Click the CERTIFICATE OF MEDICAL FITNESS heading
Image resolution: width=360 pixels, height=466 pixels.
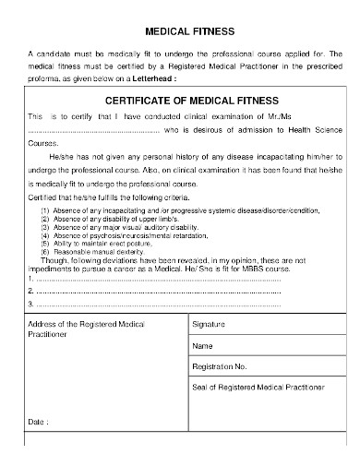180,101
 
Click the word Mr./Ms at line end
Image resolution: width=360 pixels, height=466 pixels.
317,117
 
